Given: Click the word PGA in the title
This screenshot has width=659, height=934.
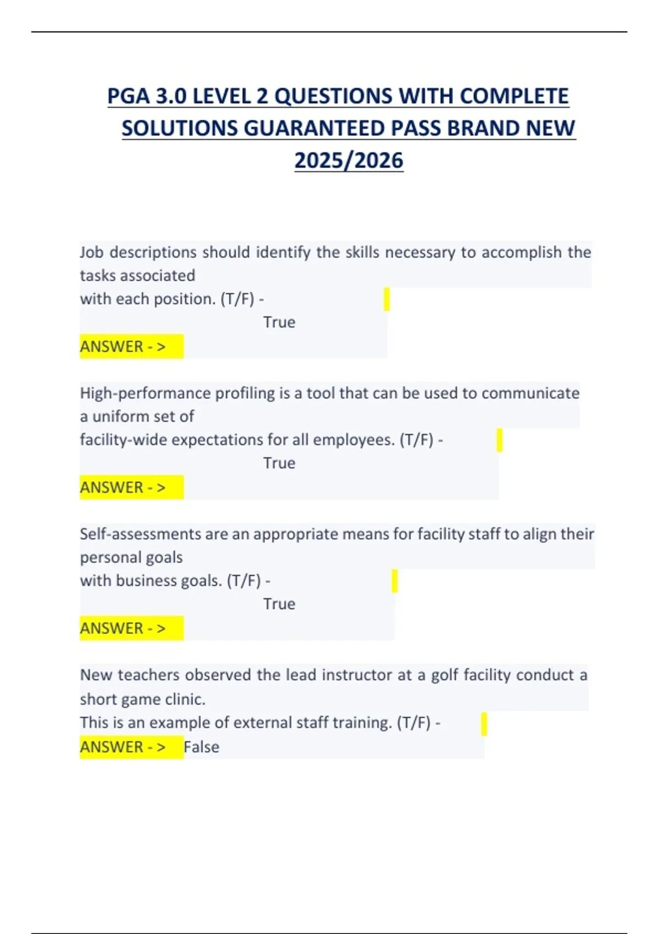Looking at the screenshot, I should coord(129,96).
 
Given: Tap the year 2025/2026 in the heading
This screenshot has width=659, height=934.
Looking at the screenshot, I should coord(349,160).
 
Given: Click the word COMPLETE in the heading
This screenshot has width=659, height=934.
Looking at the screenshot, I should coord(513,96).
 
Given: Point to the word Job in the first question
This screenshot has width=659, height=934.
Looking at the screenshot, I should coord(91,252).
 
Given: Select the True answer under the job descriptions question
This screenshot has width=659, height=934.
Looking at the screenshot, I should coord(279,322).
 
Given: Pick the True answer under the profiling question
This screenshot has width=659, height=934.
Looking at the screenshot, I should coord(279,463).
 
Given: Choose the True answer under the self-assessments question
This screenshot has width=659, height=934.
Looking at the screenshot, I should coord(279,604).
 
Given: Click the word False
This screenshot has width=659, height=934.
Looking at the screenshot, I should coord(202,747).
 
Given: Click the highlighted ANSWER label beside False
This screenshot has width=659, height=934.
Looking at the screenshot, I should coord(123,747).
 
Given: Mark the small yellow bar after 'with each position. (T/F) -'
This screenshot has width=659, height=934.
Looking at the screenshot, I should coord(387,299).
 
